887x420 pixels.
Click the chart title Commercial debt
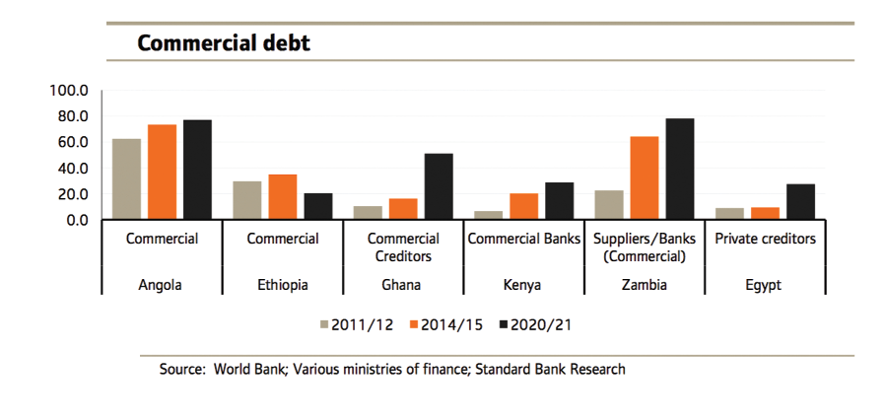pyautogui.click(x=223, y=43)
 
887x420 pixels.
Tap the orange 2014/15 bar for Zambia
pyautogui.click(x=644, y=177)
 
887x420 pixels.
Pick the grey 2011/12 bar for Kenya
pyautogui.click(x=488, y=215)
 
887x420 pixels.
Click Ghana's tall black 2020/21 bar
pyautogui.click(x=439, y=186)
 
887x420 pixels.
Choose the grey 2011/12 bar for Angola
pyautogui.click(x=126, y=179)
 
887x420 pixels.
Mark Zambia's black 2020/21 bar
pyautogui.click(x=680, y=169)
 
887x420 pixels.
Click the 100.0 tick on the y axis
pyautogui.click(x=70, y=91)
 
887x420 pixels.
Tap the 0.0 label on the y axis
pyautogui.click(x=77, y=220)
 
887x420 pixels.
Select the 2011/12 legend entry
pyautogui.click(x=361, y=323)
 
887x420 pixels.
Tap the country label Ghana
pyautogui.click(x=402, y=285)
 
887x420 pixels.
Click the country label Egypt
pyautogui.click(x=763, y=285)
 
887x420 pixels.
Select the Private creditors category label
pyautogui.click(x=764, y=239)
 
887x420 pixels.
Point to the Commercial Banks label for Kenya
pyautogui.click(x=522, y=239)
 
